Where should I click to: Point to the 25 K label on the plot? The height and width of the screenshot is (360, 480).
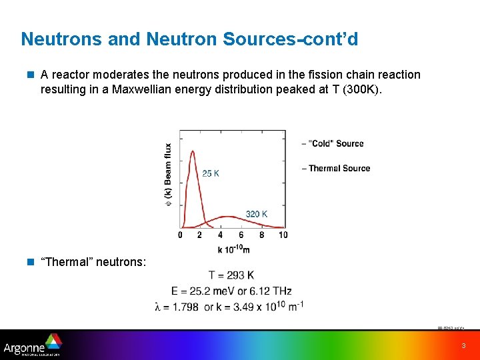pyautogui.click(x=211, y=173)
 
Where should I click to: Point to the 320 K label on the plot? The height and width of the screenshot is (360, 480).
pyautogui.click(x=257, y=214)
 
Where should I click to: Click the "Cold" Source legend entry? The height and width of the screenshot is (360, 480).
pyautogui.click(x=333, y=143)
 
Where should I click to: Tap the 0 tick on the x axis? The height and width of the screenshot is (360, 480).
pyautogui.click(x=181, y=235)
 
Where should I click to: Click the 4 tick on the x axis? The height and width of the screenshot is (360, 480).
pyautogui.click(x=221, y=235)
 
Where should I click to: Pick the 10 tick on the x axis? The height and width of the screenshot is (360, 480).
pyautogui.click(x=283, y=235)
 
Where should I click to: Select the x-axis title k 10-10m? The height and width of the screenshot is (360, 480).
pyautogui.click(x=233, y=249)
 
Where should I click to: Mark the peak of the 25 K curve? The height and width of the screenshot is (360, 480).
pyautogui.click(x=193, y=151)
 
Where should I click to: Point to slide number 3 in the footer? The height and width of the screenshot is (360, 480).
pyautogui.click(x=463, y=346)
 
